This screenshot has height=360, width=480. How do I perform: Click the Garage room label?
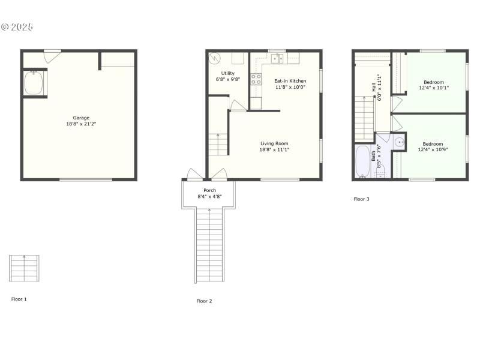click(x=81, y=118)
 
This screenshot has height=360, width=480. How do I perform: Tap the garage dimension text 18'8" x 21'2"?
click(x=81, y=124)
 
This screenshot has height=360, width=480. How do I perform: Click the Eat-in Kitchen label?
click(x=290, y=80)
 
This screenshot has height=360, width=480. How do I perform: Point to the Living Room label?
click(x=274, y=143)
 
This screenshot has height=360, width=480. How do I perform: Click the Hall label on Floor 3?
click(x=373, y=87)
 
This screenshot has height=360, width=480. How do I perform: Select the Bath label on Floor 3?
click(x=373, y=155)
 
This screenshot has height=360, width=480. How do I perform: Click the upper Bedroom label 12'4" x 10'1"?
click(x=434, y=82)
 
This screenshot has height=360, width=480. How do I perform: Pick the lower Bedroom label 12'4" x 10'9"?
click(x=433, y=143)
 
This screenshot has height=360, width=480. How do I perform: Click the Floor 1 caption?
click(x=19, y=299)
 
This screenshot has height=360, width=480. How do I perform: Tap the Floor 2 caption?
click(x=205, y=301)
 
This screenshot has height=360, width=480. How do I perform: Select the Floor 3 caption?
click(x=361, y=199)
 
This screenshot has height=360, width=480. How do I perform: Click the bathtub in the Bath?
click(x=362, y=160)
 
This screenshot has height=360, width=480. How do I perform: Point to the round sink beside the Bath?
click(x=399, y=142)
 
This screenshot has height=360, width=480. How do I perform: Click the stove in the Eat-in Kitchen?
click(x=256, y=79)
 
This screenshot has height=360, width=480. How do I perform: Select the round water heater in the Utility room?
click(x=215, y=59)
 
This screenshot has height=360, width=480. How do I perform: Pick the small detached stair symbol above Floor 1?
click(x=25, y=268)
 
